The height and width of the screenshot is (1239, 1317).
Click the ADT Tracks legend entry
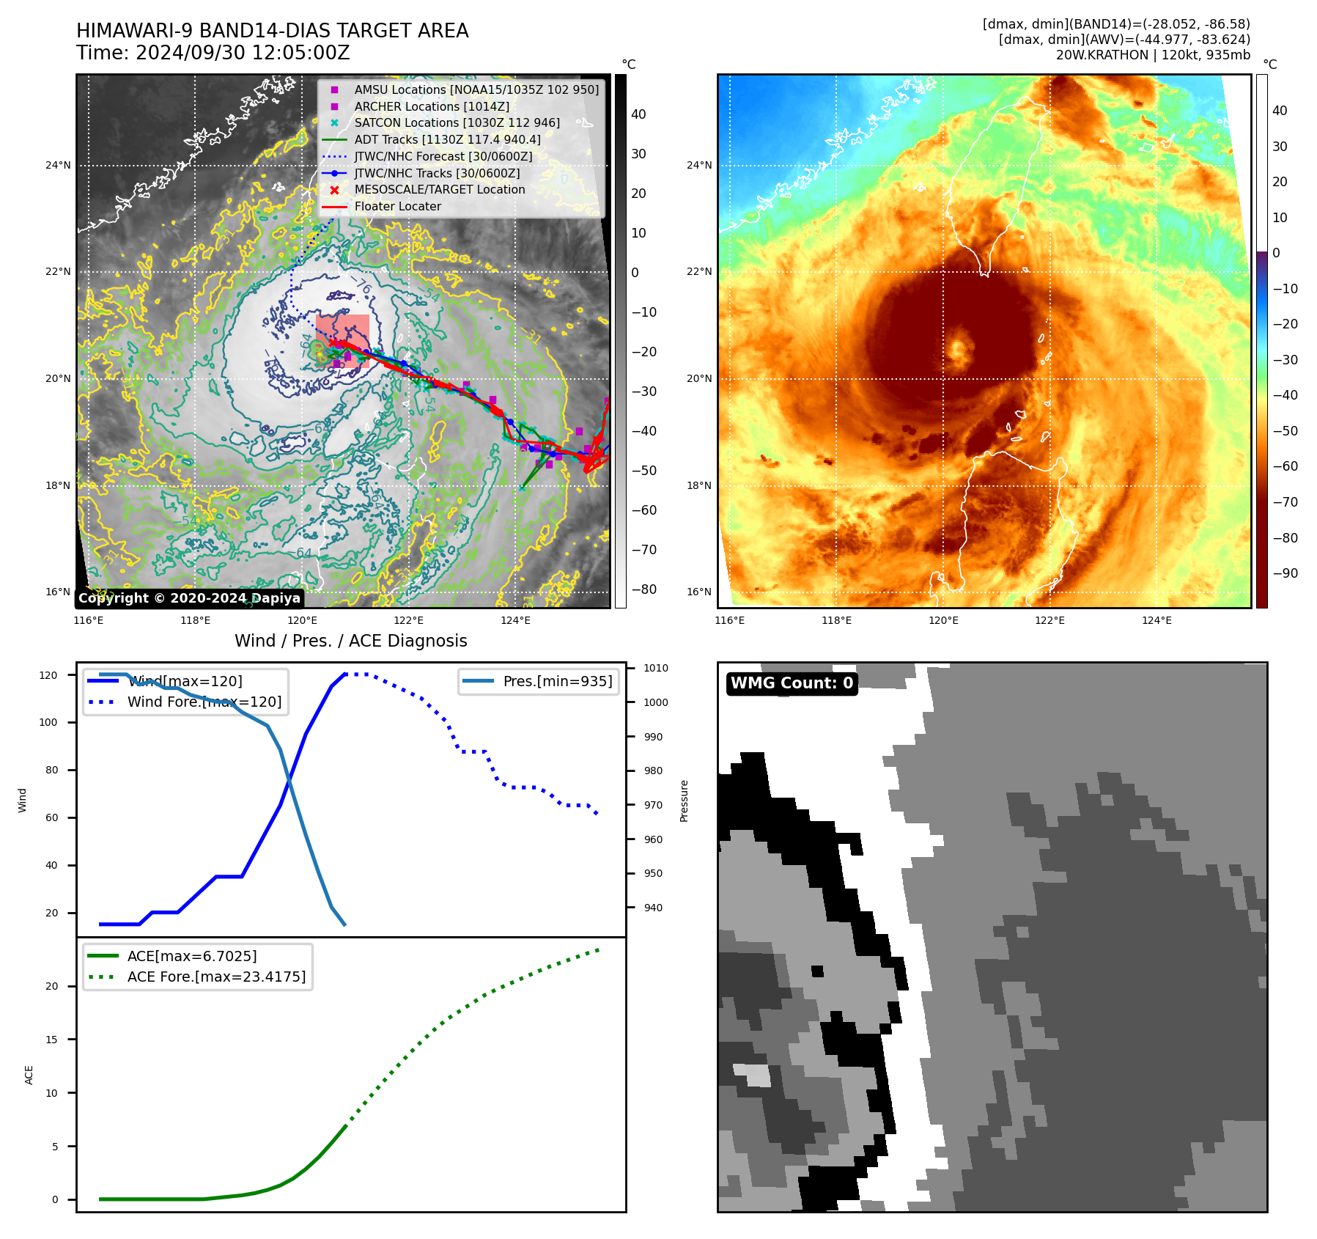(447, 139)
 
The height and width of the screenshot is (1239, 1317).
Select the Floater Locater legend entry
(397, 207)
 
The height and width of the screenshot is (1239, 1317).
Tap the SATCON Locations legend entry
(457, 122)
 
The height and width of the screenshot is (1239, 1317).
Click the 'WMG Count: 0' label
(792, 683)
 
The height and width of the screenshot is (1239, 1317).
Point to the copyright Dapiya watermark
(189, 598)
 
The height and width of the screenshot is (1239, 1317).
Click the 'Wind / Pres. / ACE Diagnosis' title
(350, 641)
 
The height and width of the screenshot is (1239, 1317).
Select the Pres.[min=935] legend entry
(557, 681)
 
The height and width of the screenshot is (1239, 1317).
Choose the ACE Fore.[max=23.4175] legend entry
(216, 977)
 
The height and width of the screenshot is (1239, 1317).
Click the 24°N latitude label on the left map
(58, 165)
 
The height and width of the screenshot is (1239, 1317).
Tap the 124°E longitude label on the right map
(1156, 620)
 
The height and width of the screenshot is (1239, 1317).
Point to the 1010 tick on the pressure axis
(656, 668)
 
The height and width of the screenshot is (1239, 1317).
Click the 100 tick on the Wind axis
(48, 722)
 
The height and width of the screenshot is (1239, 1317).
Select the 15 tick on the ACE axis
(51, 1040)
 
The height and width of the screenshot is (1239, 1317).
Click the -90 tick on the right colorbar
(1285, 573)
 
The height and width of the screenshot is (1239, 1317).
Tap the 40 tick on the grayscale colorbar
(638, 114)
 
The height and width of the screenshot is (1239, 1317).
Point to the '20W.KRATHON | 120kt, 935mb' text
(1153, 55)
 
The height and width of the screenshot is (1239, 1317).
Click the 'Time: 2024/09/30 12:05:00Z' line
(213, 53)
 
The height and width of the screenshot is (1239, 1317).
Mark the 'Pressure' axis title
(684, 801)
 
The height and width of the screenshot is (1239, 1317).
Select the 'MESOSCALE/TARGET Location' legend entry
(439, 190)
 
